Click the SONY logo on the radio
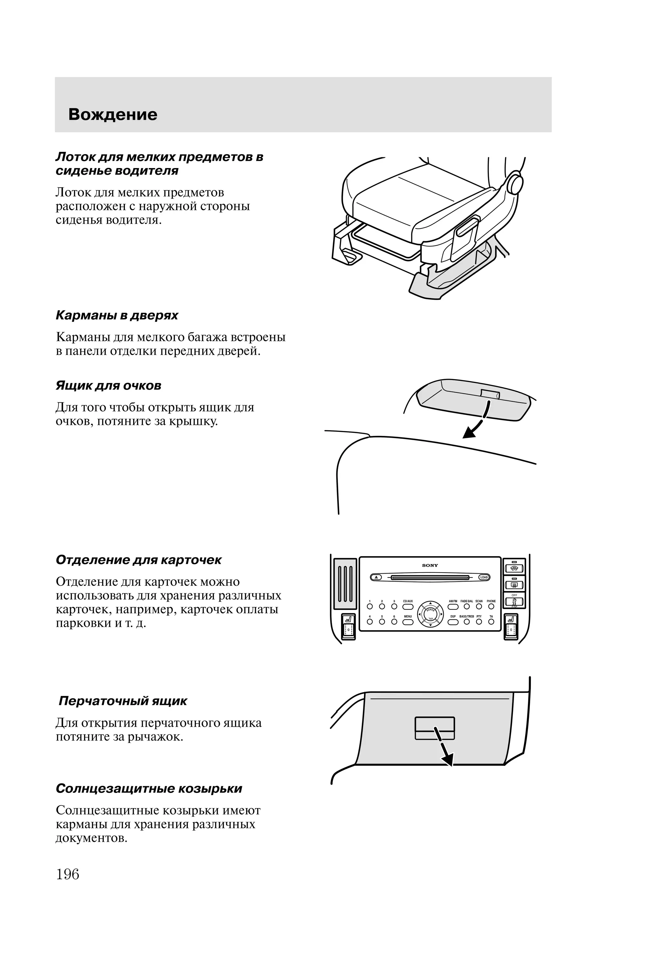(x=430, y=565)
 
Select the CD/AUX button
(x=408, y=606)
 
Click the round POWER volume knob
(x=430, y=614)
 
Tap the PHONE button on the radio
(x=491, y=606)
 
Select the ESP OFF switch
(x=514, y=601)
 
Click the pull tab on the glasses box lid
(x=490, y=394)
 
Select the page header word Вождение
(x=113, y=114)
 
